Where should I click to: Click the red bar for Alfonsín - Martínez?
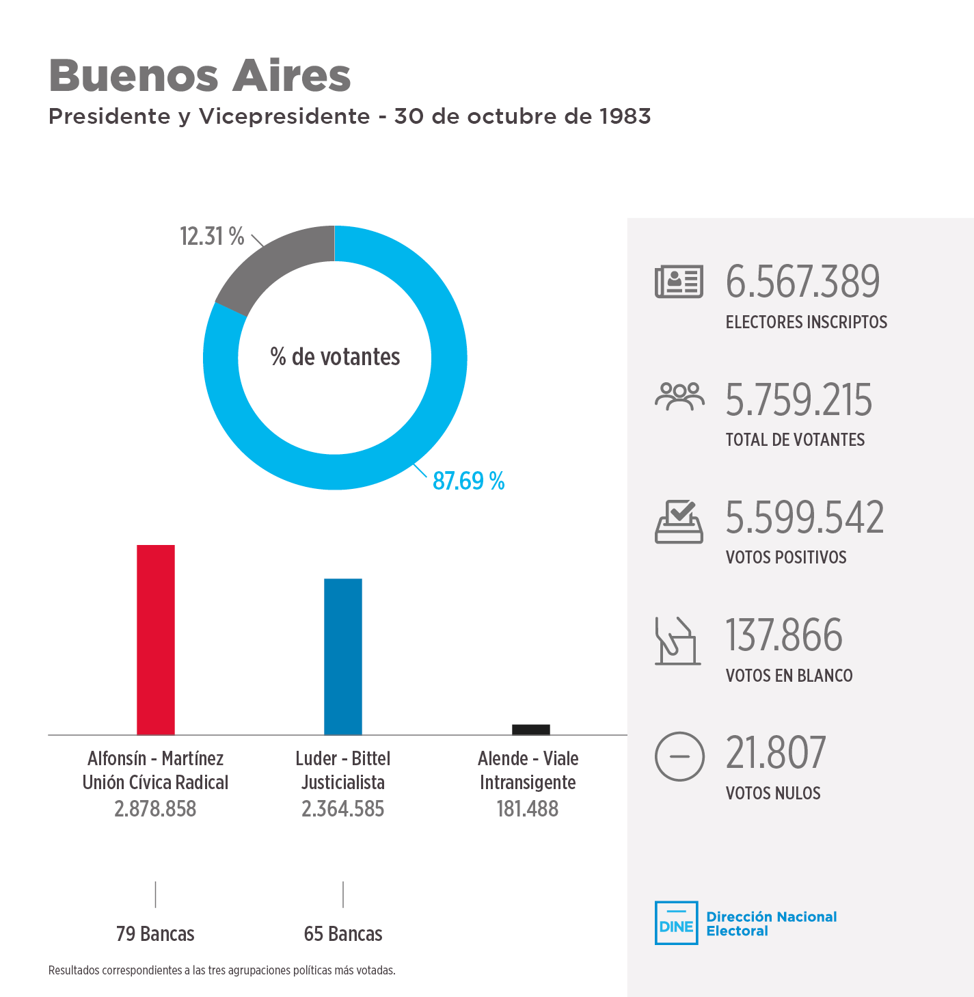click(156, 639)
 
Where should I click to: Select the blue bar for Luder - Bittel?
click(343, 656)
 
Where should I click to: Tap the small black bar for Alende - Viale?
click(531, 730)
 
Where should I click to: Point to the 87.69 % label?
click(468, 481)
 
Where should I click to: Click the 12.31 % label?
click(212, 237)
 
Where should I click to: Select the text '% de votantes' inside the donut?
click(335, 357)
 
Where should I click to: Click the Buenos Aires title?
click(200, 75)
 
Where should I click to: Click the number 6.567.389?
click(802, 282)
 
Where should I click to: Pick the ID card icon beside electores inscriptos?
click(679, 282)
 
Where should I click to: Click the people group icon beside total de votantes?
click(679, 397)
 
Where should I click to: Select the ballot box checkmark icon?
click(679, 522)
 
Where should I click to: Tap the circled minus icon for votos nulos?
click(679, 756)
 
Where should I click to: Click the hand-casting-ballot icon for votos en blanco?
click(677, 641)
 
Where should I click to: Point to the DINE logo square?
click(676, 923)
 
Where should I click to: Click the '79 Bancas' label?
click(155, 934)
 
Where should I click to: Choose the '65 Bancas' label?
click(343, 934)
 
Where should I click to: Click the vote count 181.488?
click(528, 809)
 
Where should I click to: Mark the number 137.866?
click(783, 635)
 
